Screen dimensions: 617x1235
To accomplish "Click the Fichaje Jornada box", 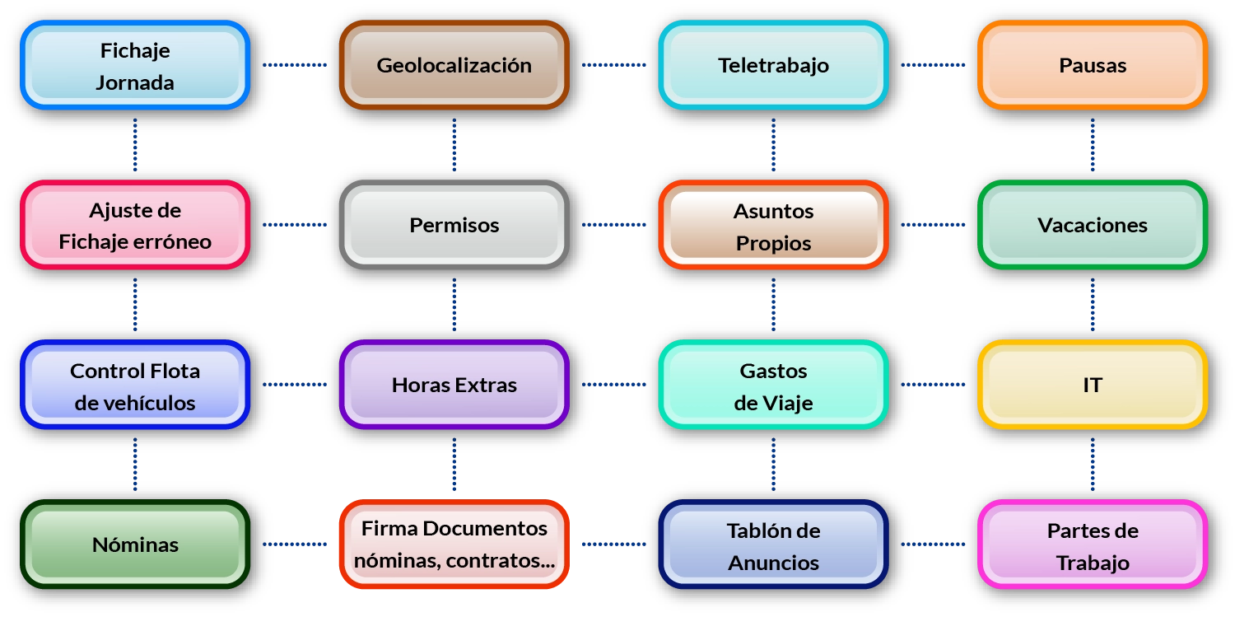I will [135, 65].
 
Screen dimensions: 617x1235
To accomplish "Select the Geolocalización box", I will [454, 65].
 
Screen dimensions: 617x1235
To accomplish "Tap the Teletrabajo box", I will [773, 65].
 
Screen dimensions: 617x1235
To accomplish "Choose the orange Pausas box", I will [1093, 65].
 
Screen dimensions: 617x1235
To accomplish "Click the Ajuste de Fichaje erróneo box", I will [135, 225].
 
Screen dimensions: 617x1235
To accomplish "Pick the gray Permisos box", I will [454, 225].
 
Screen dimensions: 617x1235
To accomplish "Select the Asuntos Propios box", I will [773, 225].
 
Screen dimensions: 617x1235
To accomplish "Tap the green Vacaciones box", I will [1093, 225].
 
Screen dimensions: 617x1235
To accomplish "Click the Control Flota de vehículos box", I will [135, 385].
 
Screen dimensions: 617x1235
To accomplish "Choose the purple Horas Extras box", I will [454, 385].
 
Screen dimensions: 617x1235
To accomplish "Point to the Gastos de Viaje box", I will [773, 385].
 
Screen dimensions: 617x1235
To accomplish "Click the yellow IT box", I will [1093, 385].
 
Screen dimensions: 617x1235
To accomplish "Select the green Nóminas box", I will [135, 545].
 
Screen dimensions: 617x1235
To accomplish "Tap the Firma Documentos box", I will [454, 545].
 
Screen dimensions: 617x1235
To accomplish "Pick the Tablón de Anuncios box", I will [773, 545].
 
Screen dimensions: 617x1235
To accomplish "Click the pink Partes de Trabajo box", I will [1093, 545].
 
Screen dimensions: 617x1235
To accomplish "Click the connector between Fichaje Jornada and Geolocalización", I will [295, 64].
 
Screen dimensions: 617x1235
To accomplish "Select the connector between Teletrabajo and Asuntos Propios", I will [774, 145].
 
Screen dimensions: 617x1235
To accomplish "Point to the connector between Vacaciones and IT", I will [1093, 305].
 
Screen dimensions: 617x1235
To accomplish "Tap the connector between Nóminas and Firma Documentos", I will [295, 544].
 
